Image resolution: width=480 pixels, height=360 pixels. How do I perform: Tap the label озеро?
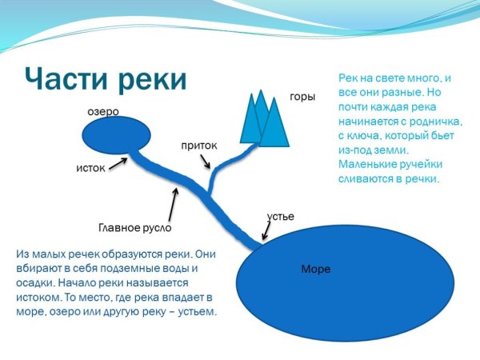(x=102, y=113)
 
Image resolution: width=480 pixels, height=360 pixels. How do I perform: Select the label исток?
(x=90, y=169)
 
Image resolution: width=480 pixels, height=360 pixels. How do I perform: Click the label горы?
(x=302, y=97)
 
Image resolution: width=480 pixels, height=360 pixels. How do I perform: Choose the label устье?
(x=280, y=217)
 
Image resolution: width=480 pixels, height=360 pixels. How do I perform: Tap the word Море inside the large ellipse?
(x=315, y=269)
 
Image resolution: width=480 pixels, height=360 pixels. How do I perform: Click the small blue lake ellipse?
(x=118, y=138)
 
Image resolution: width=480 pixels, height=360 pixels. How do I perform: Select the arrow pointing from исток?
(x=118, y=164)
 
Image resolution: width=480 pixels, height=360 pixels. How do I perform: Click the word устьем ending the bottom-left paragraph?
(x=194, y=310)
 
